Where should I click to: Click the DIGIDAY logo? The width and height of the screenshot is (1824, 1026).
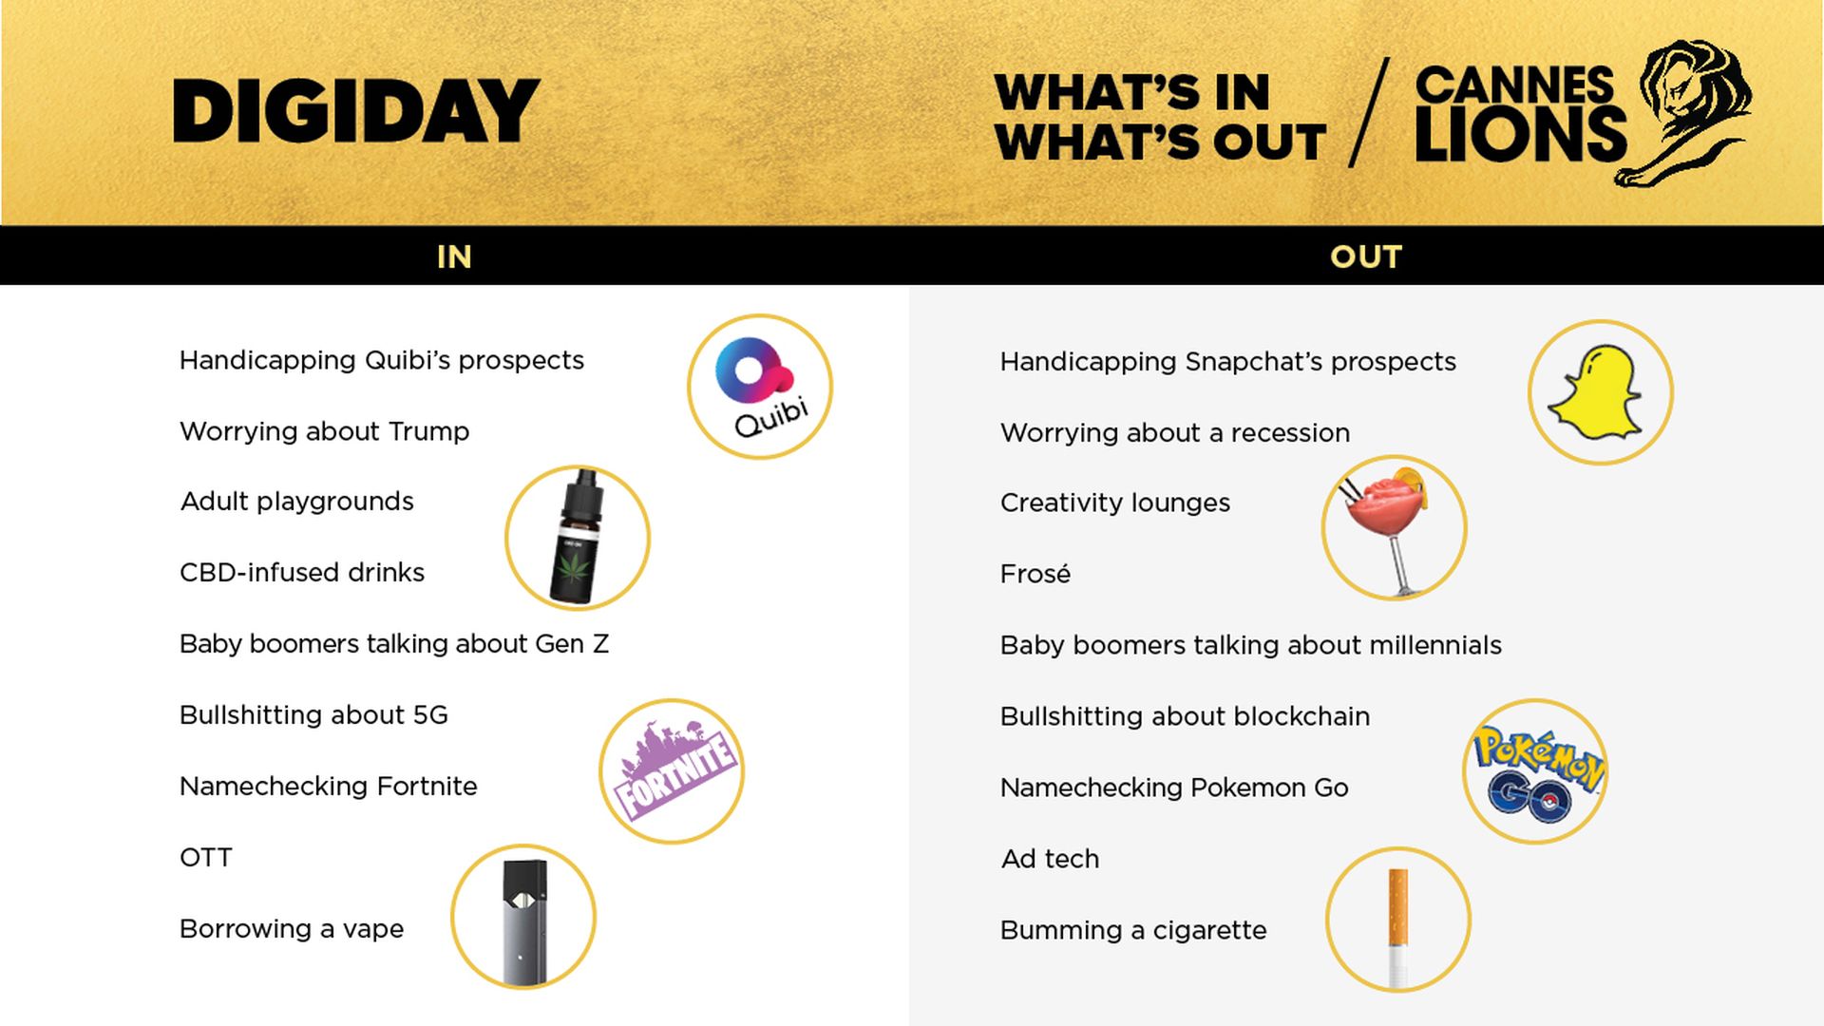[356, 110]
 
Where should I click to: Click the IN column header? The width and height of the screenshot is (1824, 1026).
[454, 256]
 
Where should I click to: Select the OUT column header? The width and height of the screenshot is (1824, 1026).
[1365, 256]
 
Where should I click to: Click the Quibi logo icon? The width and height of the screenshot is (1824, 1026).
[760, 387]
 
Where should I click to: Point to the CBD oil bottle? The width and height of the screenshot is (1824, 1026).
[577, 538]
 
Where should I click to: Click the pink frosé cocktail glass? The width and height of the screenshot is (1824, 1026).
[1389, 528]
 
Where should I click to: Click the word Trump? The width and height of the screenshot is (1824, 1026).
[428, 431]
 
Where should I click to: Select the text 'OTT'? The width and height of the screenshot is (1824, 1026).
[206, 858]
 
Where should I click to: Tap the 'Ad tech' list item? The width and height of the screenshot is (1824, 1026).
[1050, 859]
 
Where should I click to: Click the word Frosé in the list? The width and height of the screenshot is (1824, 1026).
[1035, 574]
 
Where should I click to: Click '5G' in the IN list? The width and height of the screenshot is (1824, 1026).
[430, 715]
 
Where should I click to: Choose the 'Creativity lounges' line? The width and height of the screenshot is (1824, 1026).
[1115, 503]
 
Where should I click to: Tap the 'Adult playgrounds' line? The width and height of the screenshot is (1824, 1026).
[297, 502]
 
